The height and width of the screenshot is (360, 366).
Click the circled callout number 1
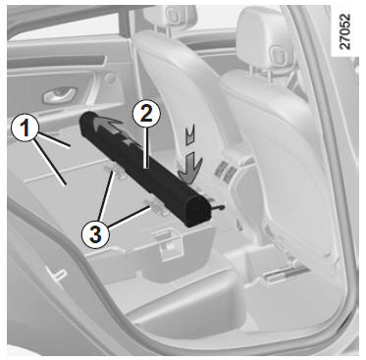[25, 129]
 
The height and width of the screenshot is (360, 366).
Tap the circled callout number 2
[146, 115]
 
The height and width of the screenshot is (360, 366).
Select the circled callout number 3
[95, 234]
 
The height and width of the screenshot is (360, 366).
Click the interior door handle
[60, 95]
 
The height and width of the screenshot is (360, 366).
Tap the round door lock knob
[111, 78]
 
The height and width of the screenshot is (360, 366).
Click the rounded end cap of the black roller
[197, 210]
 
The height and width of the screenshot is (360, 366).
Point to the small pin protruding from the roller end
[218, 208]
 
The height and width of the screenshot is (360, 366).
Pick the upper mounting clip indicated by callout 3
[116, 172]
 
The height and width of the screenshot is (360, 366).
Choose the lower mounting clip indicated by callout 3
[156, 207]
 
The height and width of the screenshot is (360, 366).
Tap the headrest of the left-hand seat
[170, 17]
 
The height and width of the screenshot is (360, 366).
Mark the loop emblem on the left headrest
[172, 15]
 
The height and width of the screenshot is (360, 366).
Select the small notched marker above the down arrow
[190, 135]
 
